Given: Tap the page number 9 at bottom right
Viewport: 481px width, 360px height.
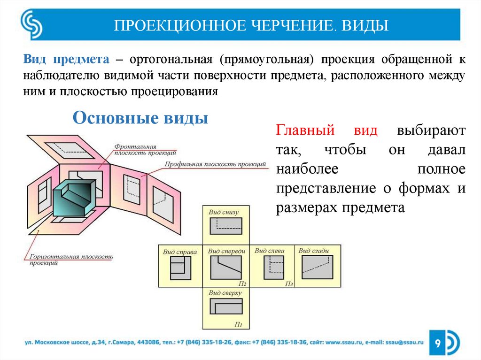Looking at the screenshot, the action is (x=437, y=345).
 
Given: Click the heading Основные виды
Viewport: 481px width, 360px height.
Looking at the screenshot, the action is (x=140, y=117).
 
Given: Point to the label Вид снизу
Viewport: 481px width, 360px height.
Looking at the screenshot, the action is (x=223, y=212).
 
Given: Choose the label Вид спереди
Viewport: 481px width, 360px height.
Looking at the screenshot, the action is (x=226, y=251).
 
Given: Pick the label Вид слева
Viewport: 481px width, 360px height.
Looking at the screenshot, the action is (x=270, y=251).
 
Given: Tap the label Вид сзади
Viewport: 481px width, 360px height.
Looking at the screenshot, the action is (x=313, y=251).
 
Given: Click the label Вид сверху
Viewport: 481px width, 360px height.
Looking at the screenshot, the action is (x=225, y=293).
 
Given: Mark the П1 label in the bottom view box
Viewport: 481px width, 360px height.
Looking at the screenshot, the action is (x=238, y=324).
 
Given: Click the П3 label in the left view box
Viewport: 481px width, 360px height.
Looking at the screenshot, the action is (x=289, y=283).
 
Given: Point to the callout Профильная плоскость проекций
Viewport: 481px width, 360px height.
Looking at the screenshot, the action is (x=215, y=164).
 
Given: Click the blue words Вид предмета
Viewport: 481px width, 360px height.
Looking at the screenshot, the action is (x=66, y=61).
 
